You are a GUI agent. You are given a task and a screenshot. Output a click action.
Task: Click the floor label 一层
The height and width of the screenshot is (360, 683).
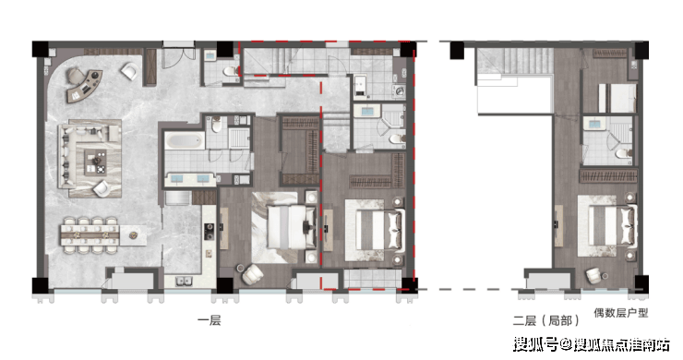pyautogui.click(x=210, y=321)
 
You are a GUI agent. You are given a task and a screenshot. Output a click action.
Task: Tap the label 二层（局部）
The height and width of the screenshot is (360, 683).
pyautogui.click(x=546, y=321)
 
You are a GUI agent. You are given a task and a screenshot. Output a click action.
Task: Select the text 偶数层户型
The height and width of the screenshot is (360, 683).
pyautogui.click(x=621, y=313)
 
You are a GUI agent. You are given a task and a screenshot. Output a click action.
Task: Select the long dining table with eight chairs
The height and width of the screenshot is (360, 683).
pyautogui.click(x=90, y=235)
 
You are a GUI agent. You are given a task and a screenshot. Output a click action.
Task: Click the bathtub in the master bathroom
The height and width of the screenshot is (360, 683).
pyautogui.click(x=185, y=141)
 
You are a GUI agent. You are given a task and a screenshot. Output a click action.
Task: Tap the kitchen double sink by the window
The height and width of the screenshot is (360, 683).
pyautogui.click(x=185, y=282)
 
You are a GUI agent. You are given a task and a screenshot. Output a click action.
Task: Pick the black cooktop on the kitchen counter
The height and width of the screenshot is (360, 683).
pyautogui.click(x=210, y=231)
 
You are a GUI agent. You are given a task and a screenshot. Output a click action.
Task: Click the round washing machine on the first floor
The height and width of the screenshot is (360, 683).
pyautogui.click(x=399, y=91)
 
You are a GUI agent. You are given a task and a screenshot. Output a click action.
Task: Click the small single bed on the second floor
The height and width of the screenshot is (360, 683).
pyautogui.click(x=618, y=98)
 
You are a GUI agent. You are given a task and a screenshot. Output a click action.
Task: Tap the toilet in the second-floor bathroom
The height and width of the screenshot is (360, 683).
pyautogui.click(x=624, y=154)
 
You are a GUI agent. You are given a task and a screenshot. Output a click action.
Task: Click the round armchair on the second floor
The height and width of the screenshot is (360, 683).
pyautogui.click(x=594, y=275)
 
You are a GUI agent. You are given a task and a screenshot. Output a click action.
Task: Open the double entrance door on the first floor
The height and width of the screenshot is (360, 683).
pyautogui.click(x=178, y=57)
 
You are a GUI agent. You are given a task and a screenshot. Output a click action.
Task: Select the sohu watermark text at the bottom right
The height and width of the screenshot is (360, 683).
pyautogui.click(x=592, y=344)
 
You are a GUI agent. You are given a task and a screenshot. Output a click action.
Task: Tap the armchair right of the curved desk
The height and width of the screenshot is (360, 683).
pyautogui.click(x=129, y=71)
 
